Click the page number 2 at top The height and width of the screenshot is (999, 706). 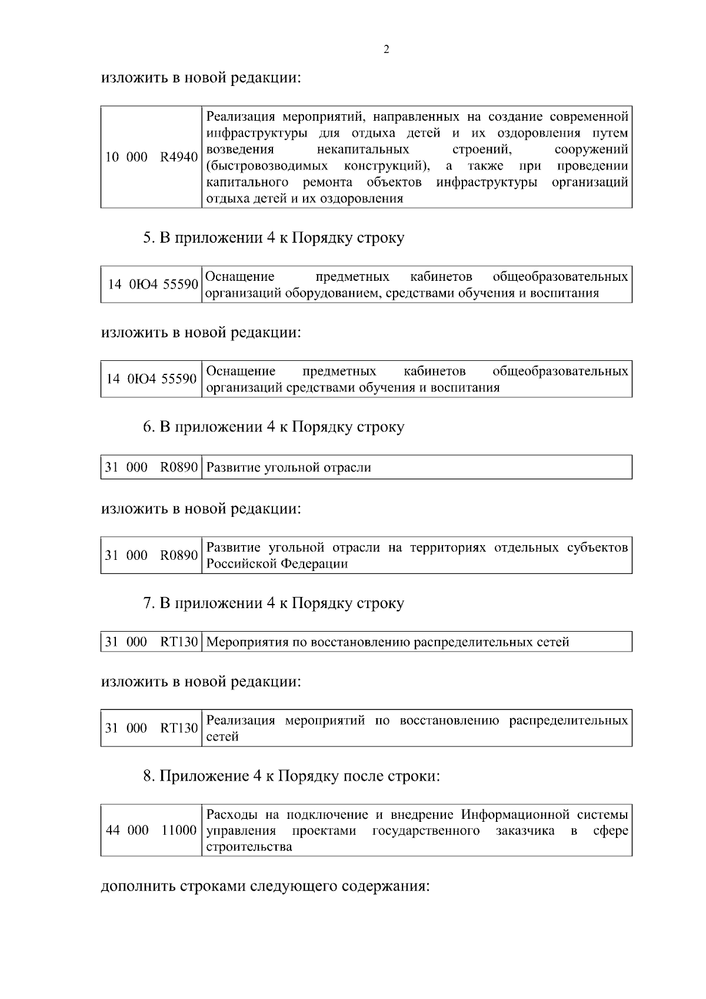point(386,49)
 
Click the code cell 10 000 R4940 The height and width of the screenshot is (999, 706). point(151,157)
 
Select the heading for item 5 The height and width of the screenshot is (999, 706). point(274,238)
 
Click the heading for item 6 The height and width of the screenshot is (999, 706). point(274,427)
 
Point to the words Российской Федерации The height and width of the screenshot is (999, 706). point(277,564)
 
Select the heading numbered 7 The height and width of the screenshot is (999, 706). point(274,603)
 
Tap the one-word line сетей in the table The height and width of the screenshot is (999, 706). point(222,737)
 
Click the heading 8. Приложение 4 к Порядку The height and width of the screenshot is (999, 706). point(291,776)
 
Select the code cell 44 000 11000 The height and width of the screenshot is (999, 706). point(151,831)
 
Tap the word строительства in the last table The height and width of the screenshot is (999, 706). point(249,847)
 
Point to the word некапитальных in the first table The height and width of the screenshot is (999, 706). point(363,149)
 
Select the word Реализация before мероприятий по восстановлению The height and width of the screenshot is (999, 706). point(241,721)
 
